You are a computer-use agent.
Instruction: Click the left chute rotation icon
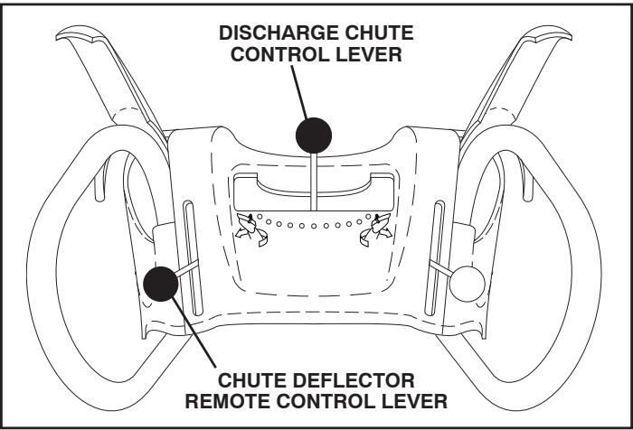[246, 227]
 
